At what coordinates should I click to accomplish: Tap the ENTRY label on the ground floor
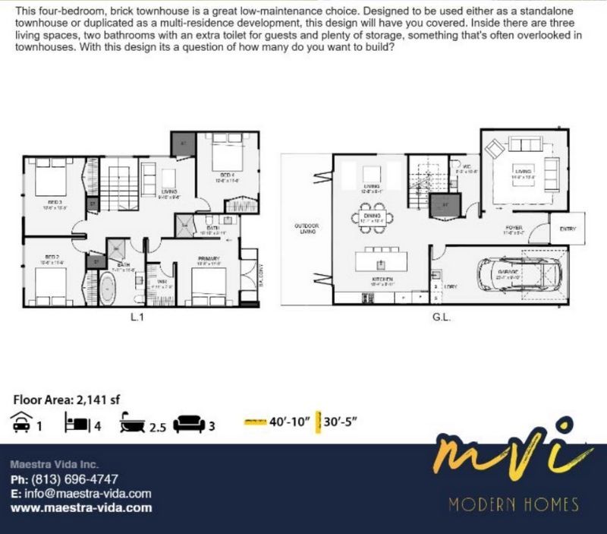(x=568, y=229)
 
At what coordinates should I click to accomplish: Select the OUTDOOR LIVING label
(x=307, y=230)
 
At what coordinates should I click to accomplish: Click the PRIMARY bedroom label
(x=208, y=259)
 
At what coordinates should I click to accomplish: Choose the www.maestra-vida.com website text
(x=81, y=507)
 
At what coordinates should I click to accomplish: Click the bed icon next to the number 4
(x=78, y=423)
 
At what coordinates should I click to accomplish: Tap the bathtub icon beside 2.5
(x=132, y=423)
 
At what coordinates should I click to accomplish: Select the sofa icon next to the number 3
(x=189, y=423)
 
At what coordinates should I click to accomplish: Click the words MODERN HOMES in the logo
(x=513, y=504)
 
